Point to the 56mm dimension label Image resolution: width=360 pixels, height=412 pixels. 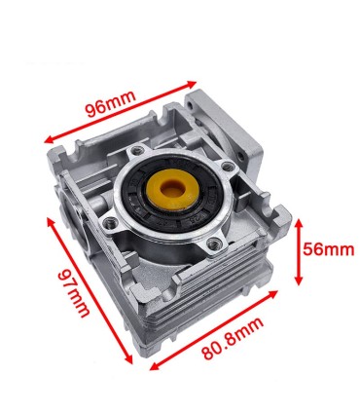[x=325, y=250]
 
